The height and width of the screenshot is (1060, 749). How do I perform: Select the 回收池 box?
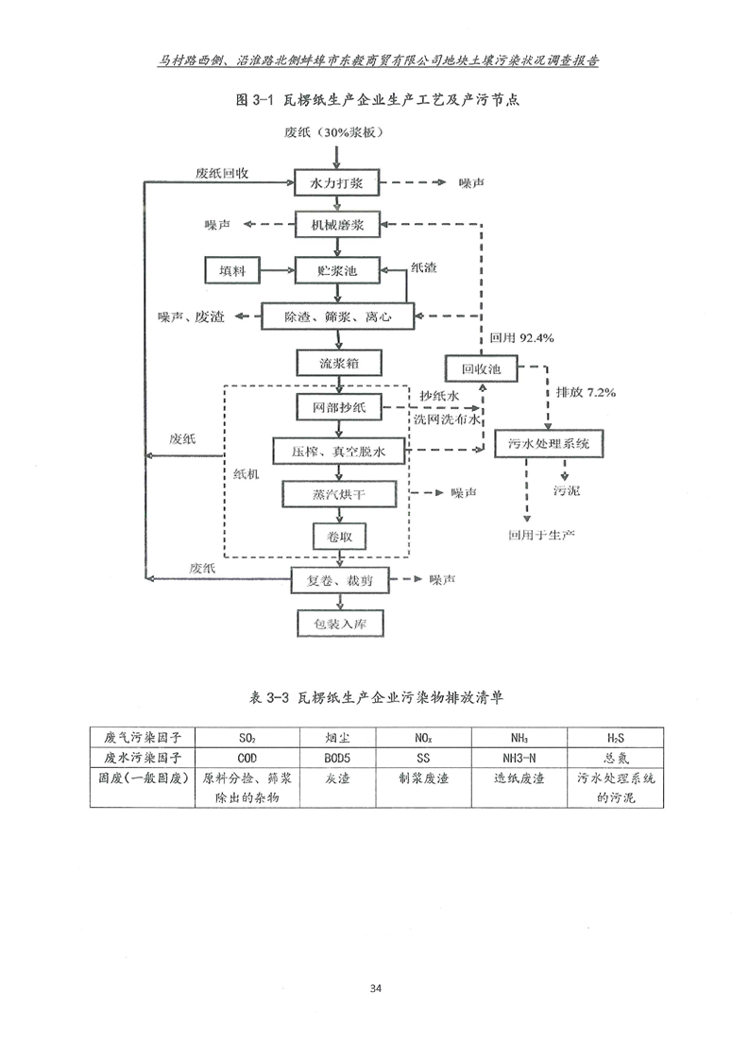pyautogui.click(x=480, y=368)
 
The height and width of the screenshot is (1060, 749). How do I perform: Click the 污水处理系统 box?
pyautogui.click(x=548, y=442)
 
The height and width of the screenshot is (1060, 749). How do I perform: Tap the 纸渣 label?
pyautogui.click(x=423, y=268)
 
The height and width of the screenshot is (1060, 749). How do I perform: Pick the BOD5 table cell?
pyautogui.click(x=336, y=758)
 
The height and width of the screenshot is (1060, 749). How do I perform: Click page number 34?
pyautogui.click(x=375, y=988)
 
